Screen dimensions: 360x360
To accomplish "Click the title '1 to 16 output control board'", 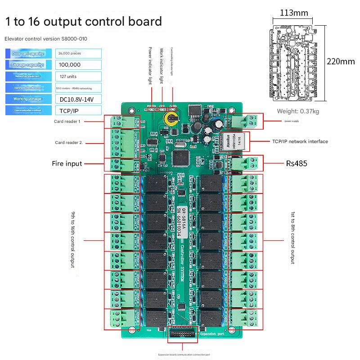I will tap(83, 22).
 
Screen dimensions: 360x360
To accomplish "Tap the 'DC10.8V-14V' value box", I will tap(79, 99).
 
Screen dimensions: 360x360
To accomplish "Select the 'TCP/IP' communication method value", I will tap(79, 110).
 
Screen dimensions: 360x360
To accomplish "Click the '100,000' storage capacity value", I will tap(79, 65).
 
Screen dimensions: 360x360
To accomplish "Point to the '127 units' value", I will tap(79, 76).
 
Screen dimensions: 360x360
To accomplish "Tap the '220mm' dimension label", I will tap(341, 62).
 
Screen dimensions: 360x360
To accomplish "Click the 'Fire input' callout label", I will tap(67, 164).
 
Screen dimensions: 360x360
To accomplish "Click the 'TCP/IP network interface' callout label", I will tap(300, 141).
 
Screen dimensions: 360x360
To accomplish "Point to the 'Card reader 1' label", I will tap(67, 121).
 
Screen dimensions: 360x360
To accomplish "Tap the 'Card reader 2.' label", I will tap(69, 143).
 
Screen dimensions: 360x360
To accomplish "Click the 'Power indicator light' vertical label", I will tap(150, 65).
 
